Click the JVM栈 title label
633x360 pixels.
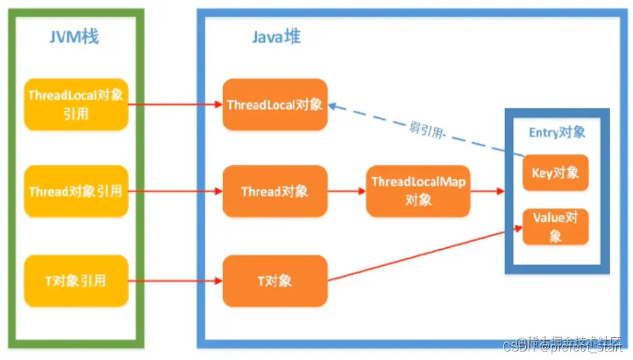click(74, 37)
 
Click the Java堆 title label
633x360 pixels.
click(276, 37)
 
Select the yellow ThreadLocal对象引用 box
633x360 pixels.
click(75, 105)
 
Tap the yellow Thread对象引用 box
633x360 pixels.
click(75, 191)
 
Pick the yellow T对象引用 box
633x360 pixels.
click(75, 281)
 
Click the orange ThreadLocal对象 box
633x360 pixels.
click(275, 105)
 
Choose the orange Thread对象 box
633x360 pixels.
click(275, 191)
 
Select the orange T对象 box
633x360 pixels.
click(275, 281)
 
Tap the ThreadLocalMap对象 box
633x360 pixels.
click(418, 191)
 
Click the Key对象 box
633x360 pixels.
click(555, 173)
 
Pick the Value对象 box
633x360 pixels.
click(555, 226)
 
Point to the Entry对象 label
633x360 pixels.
click(557, 132)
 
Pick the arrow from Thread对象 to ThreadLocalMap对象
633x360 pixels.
click(346, 191)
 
